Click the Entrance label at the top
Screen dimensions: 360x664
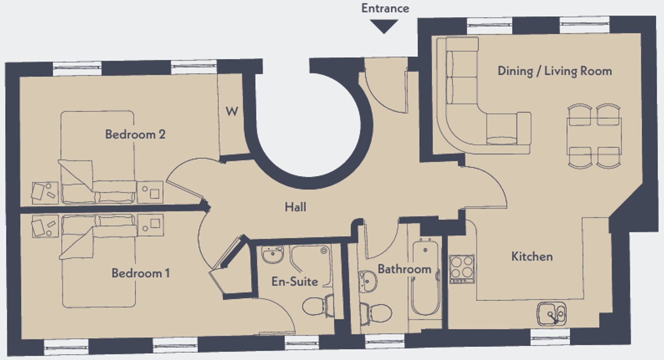385,8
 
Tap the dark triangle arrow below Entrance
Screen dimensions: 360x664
384,26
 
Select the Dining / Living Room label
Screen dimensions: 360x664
555,71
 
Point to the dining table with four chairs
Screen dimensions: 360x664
594,136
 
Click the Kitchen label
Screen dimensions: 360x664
532,257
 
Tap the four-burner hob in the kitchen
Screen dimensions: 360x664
462,269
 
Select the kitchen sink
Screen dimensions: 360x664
551,313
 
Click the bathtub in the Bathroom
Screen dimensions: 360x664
425,278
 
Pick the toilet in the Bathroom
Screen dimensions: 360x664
376,313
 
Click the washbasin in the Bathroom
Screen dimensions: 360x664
367,281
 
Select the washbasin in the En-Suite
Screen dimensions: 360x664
273,255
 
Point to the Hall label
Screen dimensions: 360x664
295,207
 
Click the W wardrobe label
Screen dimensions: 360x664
232,112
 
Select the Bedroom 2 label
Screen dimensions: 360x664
135,134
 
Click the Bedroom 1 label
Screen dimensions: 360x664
140,273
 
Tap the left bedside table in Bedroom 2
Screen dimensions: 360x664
45,192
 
